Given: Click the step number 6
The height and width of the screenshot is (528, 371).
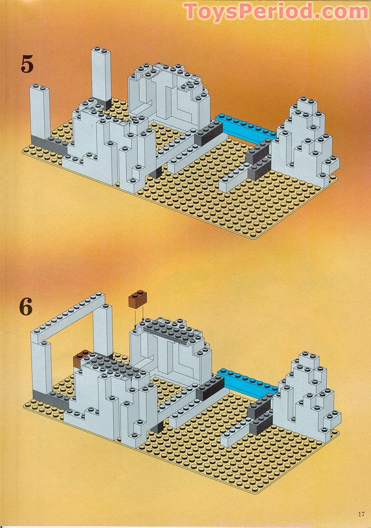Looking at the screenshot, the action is coord(26,307).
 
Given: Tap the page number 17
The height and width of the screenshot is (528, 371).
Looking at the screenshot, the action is coord(361,514).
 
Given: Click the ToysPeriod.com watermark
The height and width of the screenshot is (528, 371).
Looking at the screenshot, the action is coord(276,12).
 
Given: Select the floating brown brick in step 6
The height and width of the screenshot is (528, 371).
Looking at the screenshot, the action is coord(137,299).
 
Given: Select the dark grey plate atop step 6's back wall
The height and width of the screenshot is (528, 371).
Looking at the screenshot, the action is coord(169,330).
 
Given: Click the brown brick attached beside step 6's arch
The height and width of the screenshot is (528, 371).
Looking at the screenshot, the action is coord(82,359).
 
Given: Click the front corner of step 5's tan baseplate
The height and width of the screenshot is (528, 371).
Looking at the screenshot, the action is coord(252,238).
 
